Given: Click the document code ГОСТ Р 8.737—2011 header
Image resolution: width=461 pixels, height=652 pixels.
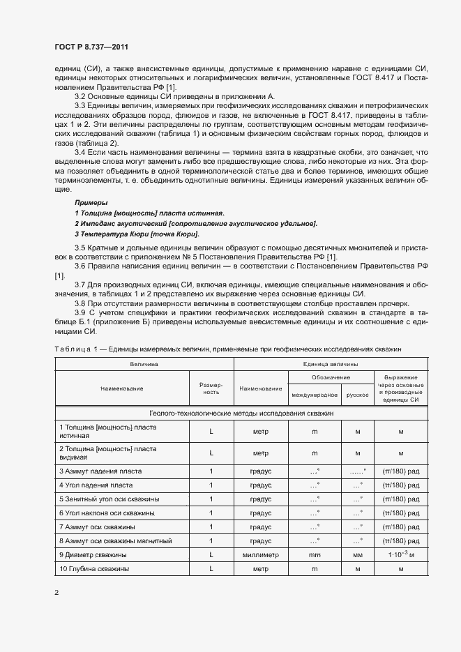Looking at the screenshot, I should click(x=91, y=47).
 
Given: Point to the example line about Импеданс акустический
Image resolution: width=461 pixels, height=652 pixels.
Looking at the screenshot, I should click(x=195, y=223).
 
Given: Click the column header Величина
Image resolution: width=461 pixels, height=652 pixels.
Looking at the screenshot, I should click(x=144, y=364).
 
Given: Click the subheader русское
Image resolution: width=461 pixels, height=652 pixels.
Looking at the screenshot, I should click(x=357, y=395).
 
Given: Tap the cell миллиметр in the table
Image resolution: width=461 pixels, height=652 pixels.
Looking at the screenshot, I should click(x=261, y=555).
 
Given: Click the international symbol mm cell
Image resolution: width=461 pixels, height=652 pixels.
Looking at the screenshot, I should click(x=314, y=555).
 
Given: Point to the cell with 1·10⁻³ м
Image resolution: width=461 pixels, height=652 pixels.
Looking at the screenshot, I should click(x=401, y=555).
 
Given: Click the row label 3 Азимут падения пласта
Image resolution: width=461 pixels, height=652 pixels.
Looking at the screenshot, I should click(x=100, y=471).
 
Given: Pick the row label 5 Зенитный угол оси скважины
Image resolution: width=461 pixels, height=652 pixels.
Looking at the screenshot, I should click(x=109, y=499).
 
